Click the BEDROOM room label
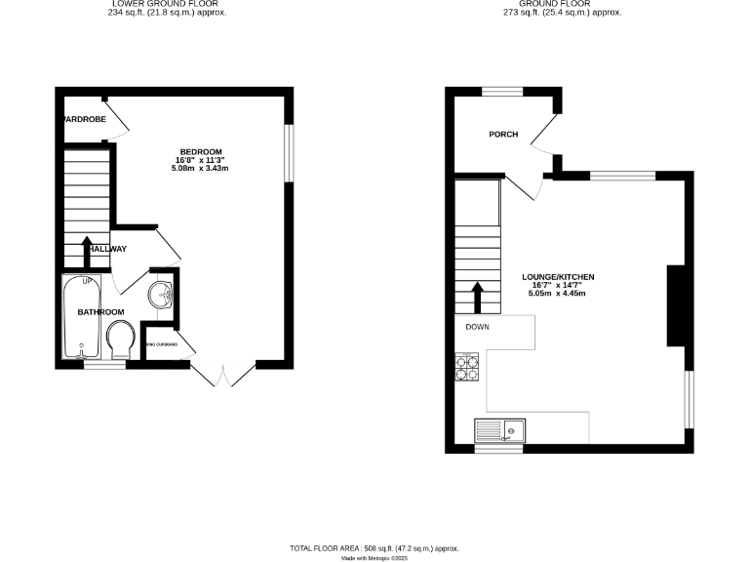199,151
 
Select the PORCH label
503,135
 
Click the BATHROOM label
101,311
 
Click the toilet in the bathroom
120,341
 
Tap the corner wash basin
161,293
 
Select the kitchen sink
498,430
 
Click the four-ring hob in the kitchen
468,368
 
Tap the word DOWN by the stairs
477,327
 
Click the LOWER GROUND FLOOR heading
171,4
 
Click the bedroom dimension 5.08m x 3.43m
199,169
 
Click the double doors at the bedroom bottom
223,376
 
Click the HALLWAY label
104,249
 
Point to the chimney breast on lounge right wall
673,305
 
